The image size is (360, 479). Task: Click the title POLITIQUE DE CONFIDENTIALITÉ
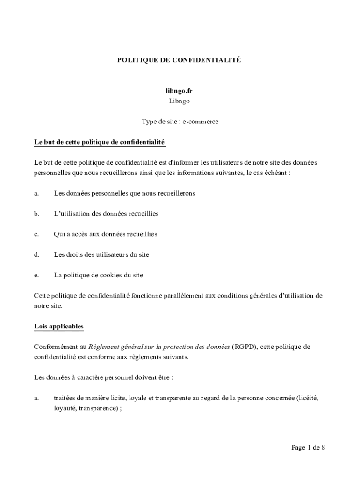point(180,60)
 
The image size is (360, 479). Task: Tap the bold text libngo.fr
point(180,91)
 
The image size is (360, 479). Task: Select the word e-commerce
point(201,122)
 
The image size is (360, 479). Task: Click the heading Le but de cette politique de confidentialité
point(100,142)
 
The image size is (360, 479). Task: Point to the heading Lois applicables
point(59,326)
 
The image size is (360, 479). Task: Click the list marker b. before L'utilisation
point(36,214)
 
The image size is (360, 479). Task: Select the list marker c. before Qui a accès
point(36,234)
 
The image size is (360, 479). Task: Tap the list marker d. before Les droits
point(36,255)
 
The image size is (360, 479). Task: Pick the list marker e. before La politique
point(36,276)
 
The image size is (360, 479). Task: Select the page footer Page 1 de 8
point(308,448)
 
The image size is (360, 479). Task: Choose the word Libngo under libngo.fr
point(180,101)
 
